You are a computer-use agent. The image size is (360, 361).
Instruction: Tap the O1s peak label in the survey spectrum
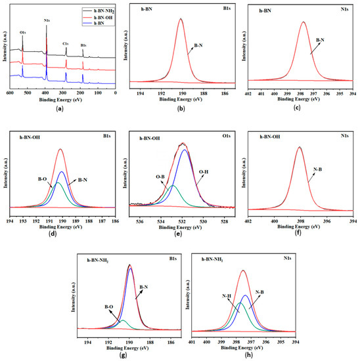(23, 31)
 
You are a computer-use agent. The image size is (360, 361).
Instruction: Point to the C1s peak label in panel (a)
(66, 43)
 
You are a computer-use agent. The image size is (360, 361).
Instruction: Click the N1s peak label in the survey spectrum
(47, 21)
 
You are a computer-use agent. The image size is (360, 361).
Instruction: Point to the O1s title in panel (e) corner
(225, 138)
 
